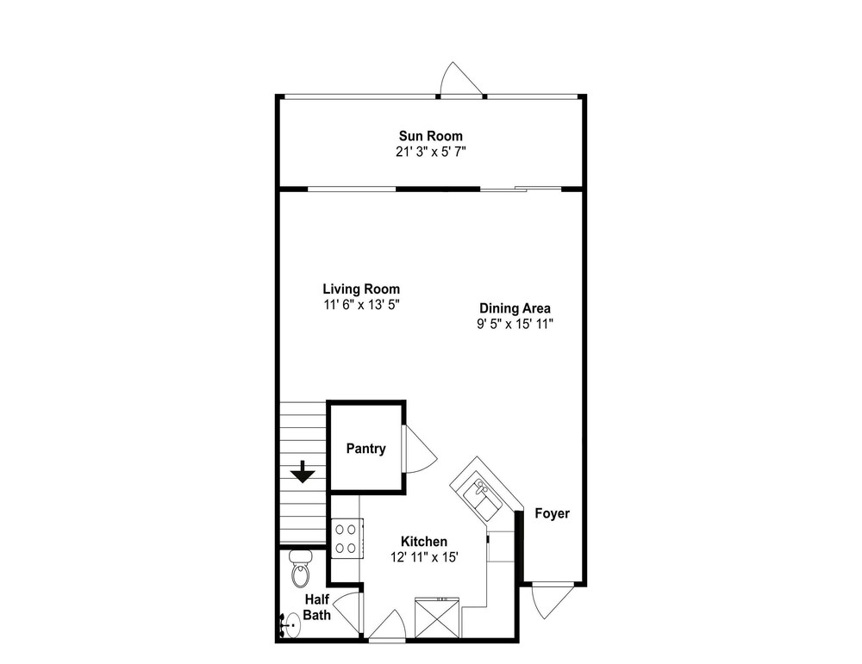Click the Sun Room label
coord(430,136)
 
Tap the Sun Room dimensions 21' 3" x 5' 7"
coord(430,152)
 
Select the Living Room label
coord(361,289)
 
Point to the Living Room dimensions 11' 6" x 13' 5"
coord(361,305)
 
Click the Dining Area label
coord(515,308)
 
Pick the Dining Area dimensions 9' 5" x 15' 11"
coord(515,324)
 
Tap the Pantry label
coord(365,449)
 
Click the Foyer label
coord(552,513)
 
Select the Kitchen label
coord(424,542)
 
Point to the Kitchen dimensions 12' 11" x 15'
coord(424,557)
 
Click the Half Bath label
coord(316,607)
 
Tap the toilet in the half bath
coord(300,568)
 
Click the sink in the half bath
coord(290,626)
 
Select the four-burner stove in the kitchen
coord(347,539)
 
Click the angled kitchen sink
coord(482,497)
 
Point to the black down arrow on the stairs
coord(303,472)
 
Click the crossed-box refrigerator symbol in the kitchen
coord(437,617)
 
